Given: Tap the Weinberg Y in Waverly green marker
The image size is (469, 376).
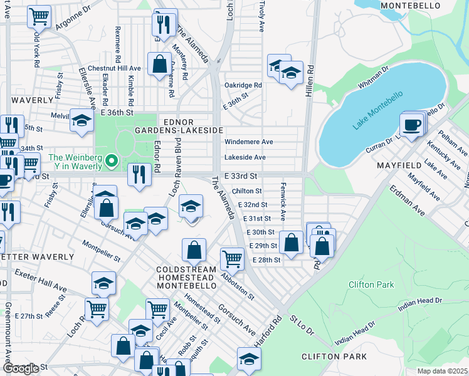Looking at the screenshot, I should [112, 162].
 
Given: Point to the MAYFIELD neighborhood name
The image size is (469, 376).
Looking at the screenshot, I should [401, 165].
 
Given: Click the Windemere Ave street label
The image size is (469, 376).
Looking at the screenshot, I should [249, 142].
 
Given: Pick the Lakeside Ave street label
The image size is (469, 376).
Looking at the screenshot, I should [245, 157].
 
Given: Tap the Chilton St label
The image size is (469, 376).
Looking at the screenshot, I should [246, 191].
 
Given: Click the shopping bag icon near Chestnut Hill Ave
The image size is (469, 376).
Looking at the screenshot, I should [159, 63].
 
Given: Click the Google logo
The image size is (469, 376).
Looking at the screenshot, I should [20, 368].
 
